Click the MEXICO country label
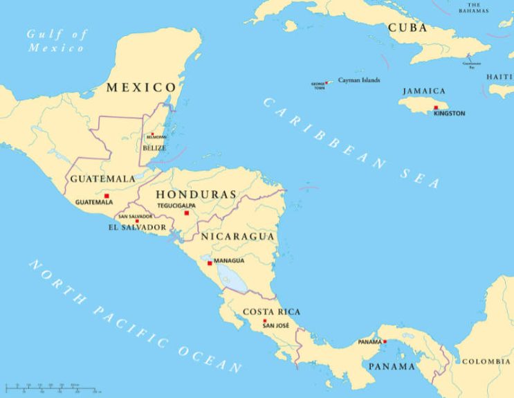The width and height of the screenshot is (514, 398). click(x=141, y=87)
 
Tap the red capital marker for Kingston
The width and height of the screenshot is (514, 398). click(x=436, y=107)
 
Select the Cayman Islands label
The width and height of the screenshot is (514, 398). click(x=358, y=80)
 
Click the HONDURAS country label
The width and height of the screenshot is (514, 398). click(x=196, y=195)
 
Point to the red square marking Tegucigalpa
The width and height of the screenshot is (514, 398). click(x=186, y=212)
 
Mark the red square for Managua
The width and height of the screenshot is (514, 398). click(x=210, y=263)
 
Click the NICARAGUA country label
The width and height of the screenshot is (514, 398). click(x=238, y=236)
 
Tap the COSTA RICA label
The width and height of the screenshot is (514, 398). click(x=271, y=311)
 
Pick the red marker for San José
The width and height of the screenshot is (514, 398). click(x=264, y=321)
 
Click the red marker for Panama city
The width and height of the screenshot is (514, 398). click(x=385, y=341)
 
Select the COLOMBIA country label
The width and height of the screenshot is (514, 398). click(x=486, y=361)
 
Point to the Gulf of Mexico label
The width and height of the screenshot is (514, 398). click(x=57, y=41)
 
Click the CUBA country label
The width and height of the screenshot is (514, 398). click(x=407, y=28)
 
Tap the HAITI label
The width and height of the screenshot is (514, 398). click(x=499, y=76)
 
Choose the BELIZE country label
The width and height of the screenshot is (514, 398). click(x=154, y=147)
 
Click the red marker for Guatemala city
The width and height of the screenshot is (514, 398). click(x=106, y=196)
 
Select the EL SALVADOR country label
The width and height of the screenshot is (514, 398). click(x=137, y=227)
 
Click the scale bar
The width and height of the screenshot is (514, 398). click(x=52, y=386)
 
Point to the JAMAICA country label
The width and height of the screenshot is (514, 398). click(x=423, y=91)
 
